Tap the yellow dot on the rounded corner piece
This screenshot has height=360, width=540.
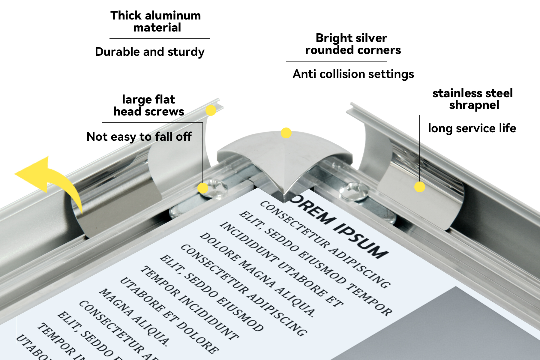(286, 133)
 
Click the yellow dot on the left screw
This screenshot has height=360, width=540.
(203, 188)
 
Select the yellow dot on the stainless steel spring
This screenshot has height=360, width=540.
(420, 187)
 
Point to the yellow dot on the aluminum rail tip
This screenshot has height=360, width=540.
(211, 110)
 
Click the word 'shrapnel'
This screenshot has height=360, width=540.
(474, 105)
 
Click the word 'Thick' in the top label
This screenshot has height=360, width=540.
(125, 16)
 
